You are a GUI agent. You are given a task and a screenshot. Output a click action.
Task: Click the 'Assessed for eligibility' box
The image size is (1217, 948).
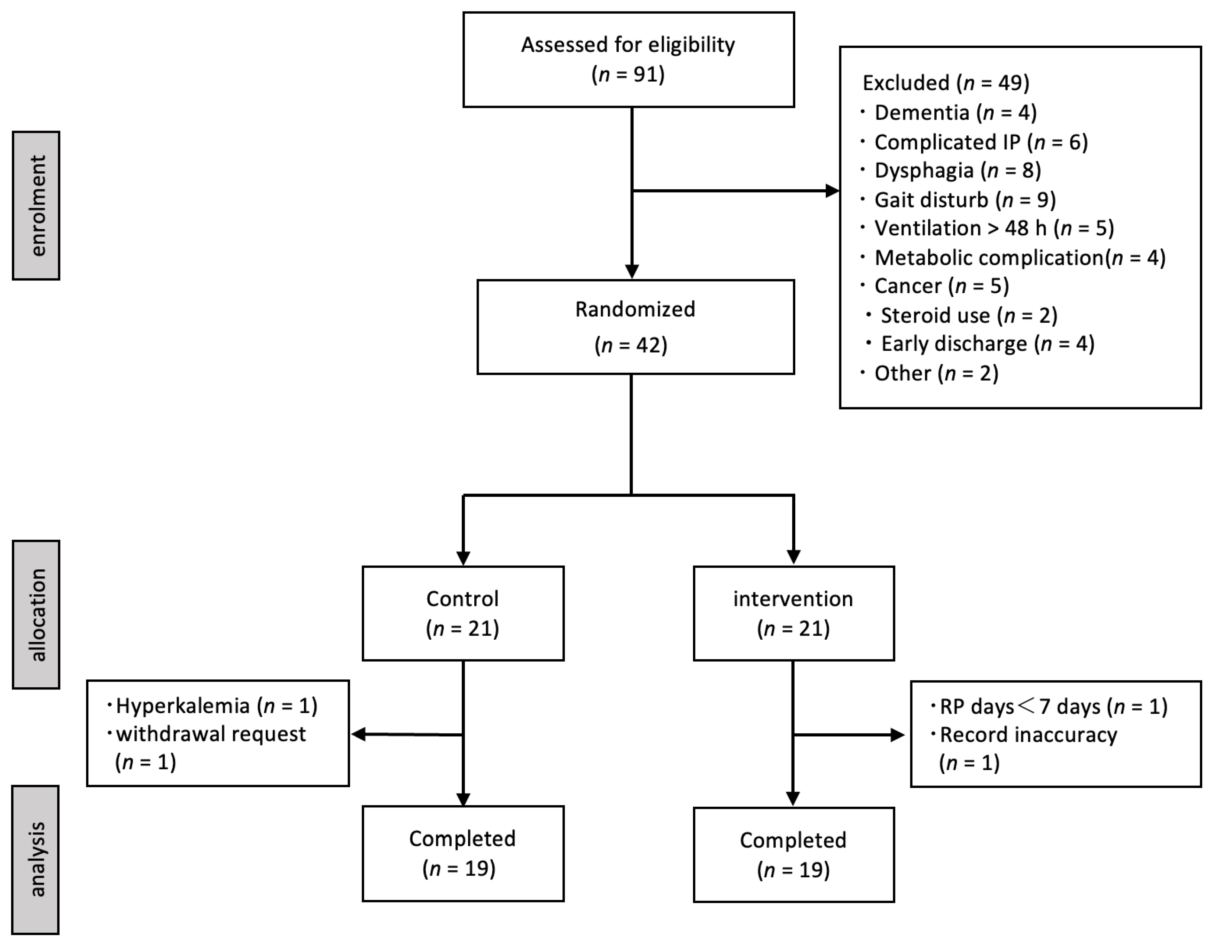[628, 60]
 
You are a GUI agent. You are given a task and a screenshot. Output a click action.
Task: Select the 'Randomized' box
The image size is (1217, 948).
[635, 327]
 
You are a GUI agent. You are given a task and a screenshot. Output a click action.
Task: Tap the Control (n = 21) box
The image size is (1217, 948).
[462, 613]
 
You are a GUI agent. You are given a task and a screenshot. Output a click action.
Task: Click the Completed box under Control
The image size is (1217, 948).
[462, 853]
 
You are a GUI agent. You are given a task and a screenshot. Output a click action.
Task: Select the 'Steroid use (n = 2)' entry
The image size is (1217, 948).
[968, 315]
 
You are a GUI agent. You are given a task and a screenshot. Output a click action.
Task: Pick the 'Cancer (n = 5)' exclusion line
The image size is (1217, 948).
[941, 286]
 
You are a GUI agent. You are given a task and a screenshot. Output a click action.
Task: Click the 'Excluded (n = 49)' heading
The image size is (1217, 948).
[946, 83]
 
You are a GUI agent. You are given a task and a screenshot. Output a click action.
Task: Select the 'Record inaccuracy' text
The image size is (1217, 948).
[1028, 735]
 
